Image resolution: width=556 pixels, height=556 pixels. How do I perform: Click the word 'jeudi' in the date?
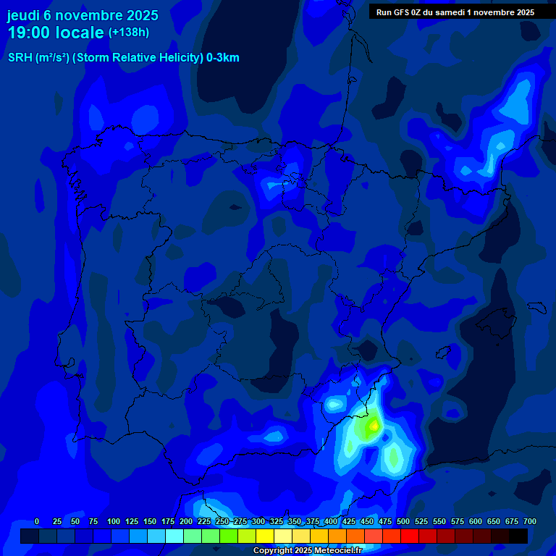tap(25, 14)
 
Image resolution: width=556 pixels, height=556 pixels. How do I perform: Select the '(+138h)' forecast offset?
tap(128, 33)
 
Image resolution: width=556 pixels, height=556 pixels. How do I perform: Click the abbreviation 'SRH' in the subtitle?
tap(20, 59)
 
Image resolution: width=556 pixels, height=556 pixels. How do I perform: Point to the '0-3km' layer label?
tap(223, 59)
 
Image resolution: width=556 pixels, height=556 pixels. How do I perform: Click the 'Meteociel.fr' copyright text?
tap(337, 551)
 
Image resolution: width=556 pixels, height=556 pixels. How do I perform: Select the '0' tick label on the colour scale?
tap(37, 521)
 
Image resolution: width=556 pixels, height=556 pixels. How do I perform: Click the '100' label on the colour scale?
tap(114, 521)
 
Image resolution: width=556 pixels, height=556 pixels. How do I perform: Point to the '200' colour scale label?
tap(186, 521)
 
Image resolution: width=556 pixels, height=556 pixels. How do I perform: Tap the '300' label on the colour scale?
tap(258, 521)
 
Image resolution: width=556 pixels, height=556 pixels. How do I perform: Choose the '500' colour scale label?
tap(403, 521)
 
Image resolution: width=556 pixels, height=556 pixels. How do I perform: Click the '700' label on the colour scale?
tap(530, 521)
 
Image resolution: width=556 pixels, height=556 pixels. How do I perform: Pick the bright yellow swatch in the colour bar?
tap(265, 536)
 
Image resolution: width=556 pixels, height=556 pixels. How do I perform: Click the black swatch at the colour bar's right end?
tap(518, 536)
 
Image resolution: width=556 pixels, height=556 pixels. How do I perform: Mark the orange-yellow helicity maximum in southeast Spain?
tap(374, 426)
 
